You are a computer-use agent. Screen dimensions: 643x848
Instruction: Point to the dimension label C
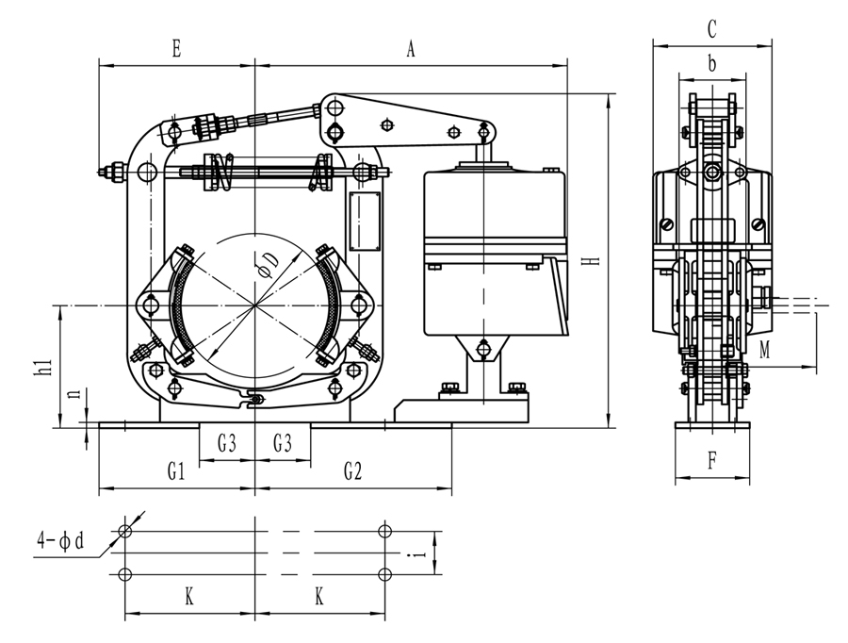(x=712, y=29)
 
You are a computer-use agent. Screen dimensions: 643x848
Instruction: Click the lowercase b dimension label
(x=712, y=63)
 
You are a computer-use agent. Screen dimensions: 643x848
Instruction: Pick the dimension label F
(x=712, y=462)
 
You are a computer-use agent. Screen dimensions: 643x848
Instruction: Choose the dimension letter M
(x=765, y=350)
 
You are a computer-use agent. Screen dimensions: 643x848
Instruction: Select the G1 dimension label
(x=176, y=472)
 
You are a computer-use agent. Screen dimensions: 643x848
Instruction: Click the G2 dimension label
(x=352, y=472)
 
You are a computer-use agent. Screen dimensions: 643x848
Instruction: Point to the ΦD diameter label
(x=269, y=263)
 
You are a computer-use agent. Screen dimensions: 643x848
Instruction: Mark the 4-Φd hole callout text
(x=60, y=541)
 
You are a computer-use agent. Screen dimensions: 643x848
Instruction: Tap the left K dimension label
(x=189, y=598)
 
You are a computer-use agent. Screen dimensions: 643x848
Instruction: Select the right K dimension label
(x=319, y=598)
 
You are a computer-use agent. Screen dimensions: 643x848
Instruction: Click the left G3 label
(x=227, y=442)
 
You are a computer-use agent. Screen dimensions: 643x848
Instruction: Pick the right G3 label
(x=283, y=442)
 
